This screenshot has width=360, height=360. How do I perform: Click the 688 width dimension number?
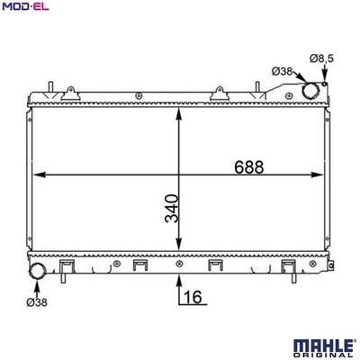248,167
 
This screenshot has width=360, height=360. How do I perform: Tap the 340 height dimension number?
172,209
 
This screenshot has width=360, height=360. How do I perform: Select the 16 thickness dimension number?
193,297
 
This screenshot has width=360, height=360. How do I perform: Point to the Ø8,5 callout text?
321,58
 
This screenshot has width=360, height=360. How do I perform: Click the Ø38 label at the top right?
282,71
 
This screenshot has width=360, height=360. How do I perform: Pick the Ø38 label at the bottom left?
37,302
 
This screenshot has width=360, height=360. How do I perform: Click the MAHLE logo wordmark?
323,346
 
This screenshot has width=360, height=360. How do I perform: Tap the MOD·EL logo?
25,6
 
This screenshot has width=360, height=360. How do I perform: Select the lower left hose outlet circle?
37,271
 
